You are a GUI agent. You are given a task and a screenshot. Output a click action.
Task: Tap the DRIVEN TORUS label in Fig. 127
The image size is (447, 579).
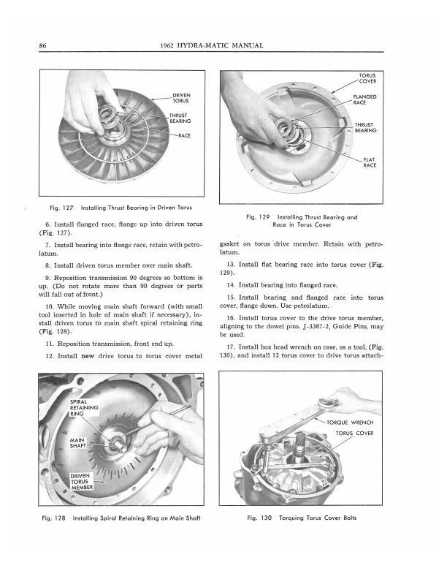182,99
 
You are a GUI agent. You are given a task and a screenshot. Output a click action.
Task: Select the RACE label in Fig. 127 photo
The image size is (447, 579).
184,136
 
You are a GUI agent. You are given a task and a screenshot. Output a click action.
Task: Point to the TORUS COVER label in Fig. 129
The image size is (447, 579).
367,80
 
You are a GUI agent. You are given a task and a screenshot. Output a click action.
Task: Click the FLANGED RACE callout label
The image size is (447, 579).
365,100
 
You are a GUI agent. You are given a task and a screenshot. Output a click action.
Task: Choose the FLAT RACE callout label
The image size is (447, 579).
370,162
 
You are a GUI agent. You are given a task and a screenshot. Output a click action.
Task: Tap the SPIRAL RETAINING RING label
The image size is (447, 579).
82,408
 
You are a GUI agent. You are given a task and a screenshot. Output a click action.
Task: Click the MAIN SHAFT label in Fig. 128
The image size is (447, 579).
79,444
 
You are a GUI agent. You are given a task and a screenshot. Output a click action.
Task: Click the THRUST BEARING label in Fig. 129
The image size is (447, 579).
365,128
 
